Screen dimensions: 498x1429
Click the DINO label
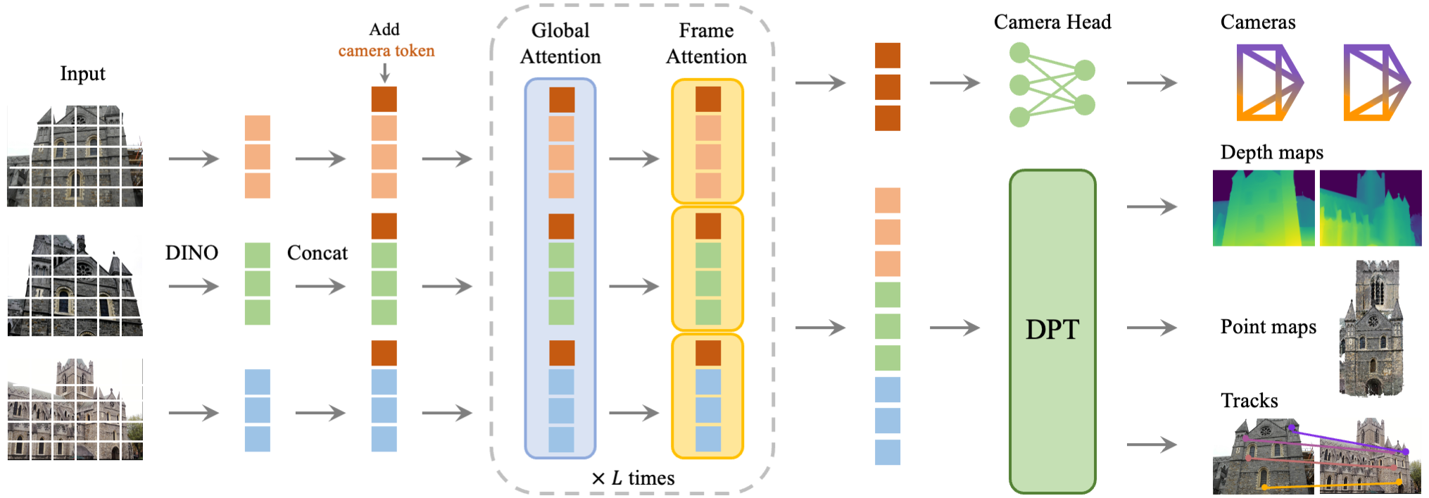pyautogui.click(x=191, y=253)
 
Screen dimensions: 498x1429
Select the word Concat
pyautogui.click(x=317, y=253)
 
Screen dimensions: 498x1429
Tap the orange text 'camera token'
pyautogui.click(x=386, y=51)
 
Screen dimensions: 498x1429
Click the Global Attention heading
pyautogui.click(x=560, y=43)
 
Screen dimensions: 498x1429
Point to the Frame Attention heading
pyautogui.click(x=706, y=43)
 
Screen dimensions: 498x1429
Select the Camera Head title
pyautogui.click(x=1052, y=22)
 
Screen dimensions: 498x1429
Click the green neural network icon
pyautogui.click(x=1052, y=84)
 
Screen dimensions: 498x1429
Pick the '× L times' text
pyautogui.click(x=633, y=478)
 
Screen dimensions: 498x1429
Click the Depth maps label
pyautogui.click(x=1271, y=152)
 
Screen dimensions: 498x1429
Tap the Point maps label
pyautogui.click(x=1268, y=327)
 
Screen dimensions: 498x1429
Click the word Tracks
pyautogui.click(x=1249, y=401)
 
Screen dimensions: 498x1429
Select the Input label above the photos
pyautogui.click(x=82, y=73)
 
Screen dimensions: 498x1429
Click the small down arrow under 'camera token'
pyautogui.click(x=384, y=73)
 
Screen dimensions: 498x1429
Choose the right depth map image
pyautogui.click(x=1370, y=208)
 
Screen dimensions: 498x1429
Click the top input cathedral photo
pyautogui.click(x=75, y=156)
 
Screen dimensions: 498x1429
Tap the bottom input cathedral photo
pyautogui.click(x=75, y=409)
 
